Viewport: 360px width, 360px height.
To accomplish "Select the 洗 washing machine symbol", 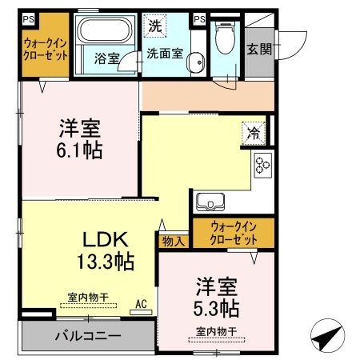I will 154,25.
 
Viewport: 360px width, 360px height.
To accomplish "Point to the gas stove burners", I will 263,165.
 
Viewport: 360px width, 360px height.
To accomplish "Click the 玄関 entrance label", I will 259,49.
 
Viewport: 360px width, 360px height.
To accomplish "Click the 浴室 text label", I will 106,58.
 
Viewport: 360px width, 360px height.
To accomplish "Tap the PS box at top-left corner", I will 27,18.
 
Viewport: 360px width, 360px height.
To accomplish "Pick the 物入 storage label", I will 174,239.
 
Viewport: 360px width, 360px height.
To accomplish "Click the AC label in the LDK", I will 140,305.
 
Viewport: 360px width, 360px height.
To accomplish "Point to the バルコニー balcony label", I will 88,334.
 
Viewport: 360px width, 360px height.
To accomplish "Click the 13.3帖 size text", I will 105,260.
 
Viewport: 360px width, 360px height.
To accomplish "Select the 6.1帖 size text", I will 78,149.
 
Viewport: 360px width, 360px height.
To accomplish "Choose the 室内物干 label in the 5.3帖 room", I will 216,330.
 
